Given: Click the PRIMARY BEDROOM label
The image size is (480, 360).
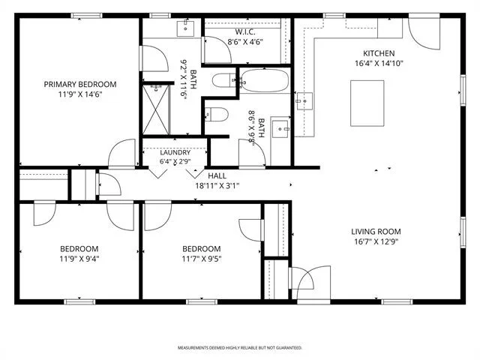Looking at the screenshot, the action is coord(80,84).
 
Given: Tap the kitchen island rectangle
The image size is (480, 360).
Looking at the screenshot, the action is coord(367,103).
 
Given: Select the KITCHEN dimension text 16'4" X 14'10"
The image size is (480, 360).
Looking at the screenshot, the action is coord(379,63).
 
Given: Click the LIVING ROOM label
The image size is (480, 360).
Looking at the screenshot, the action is coord(376,232).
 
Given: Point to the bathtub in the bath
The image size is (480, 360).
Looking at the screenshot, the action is coord(265,80).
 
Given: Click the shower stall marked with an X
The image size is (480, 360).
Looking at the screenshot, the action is coord(156,110).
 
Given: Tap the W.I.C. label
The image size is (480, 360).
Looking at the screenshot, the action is coord(245,31).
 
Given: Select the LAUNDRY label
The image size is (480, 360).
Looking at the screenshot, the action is coord(175,152).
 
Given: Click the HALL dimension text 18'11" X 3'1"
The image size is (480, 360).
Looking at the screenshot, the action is coord(217,185).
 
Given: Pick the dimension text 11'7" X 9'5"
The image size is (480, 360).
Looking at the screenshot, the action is coord(202,259).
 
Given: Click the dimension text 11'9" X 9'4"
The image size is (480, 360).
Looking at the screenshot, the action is coord(79,259).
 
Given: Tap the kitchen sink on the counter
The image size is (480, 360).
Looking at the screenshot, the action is coord(304,101).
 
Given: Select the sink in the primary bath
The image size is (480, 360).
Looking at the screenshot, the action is coord(185,28).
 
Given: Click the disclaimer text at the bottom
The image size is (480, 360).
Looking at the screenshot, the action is coord(240,348).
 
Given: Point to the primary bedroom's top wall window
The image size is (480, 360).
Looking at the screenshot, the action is coord(87,15).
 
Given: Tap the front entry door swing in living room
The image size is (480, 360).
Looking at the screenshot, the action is coord(313,282).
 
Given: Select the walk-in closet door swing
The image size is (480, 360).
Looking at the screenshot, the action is coord(217,49).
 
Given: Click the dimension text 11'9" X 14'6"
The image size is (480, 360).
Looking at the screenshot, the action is coord(80,94).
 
